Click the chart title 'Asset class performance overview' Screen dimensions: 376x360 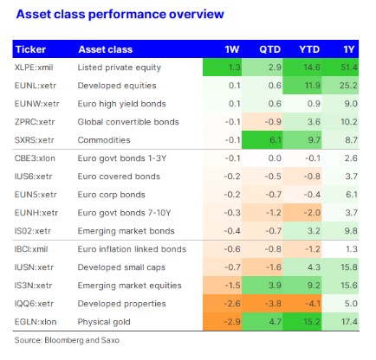tap(120, 14)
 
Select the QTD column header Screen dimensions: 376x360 tap(269, 49)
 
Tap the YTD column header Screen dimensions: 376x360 tap(309, 49)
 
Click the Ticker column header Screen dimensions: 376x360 tap(30, 49)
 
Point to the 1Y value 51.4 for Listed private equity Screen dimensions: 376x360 tap(349, 67)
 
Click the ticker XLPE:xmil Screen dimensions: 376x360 tap(34, 67)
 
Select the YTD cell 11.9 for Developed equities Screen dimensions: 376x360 tap(312, 86)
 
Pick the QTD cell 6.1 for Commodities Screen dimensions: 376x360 tap(275, 140)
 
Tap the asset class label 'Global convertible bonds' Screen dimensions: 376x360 tap(128, 122)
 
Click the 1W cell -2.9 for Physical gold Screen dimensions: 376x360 tap(232, 322)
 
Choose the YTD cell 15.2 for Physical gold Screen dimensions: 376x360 tap(312, 322)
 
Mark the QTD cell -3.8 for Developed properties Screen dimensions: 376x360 tap(273, 304)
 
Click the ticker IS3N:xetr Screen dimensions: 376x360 tap(33, 286)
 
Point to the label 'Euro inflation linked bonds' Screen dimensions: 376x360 tap(132, 249)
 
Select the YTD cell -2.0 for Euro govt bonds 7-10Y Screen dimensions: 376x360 tap(312, 213)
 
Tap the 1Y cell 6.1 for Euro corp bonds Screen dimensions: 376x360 tap(352, 195)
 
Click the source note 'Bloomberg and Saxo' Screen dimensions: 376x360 tap(81, 340)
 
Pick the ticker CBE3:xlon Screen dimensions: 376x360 tap(35, 158)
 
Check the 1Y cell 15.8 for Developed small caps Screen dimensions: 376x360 tap(349, 267)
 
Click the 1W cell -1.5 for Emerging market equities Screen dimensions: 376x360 tap(232, 286)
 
